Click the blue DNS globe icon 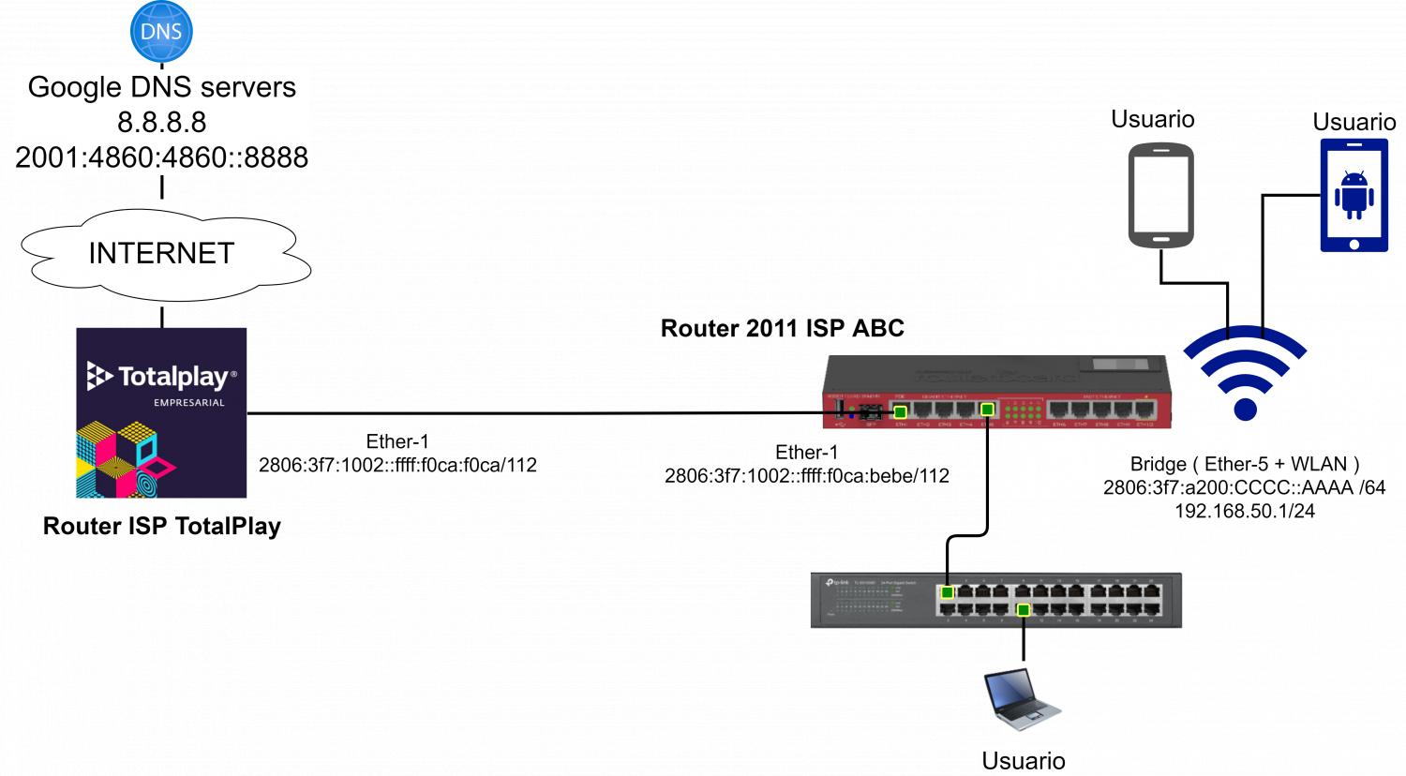(161, 31)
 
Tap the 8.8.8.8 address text (161, 122)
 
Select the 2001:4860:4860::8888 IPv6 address (161, 157)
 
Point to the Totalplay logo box (161, 412)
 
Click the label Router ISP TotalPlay (161, 526)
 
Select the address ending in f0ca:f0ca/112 (397, 466)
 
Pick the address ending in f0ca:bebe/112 (806, 476)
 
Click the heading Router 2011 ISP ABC (782, 328)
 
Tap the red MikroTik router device (996, 392)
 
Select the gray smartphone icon (1160, 195)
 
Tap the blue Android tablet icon (1354, 195)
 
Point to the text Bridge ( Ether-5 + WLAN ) (1244, 464)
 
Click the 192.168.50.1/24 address (1244, 511)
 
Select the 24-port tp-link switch (995, 600)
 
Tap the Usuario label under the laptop (1023, 760)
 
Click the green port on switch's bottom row (1024, 610)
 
